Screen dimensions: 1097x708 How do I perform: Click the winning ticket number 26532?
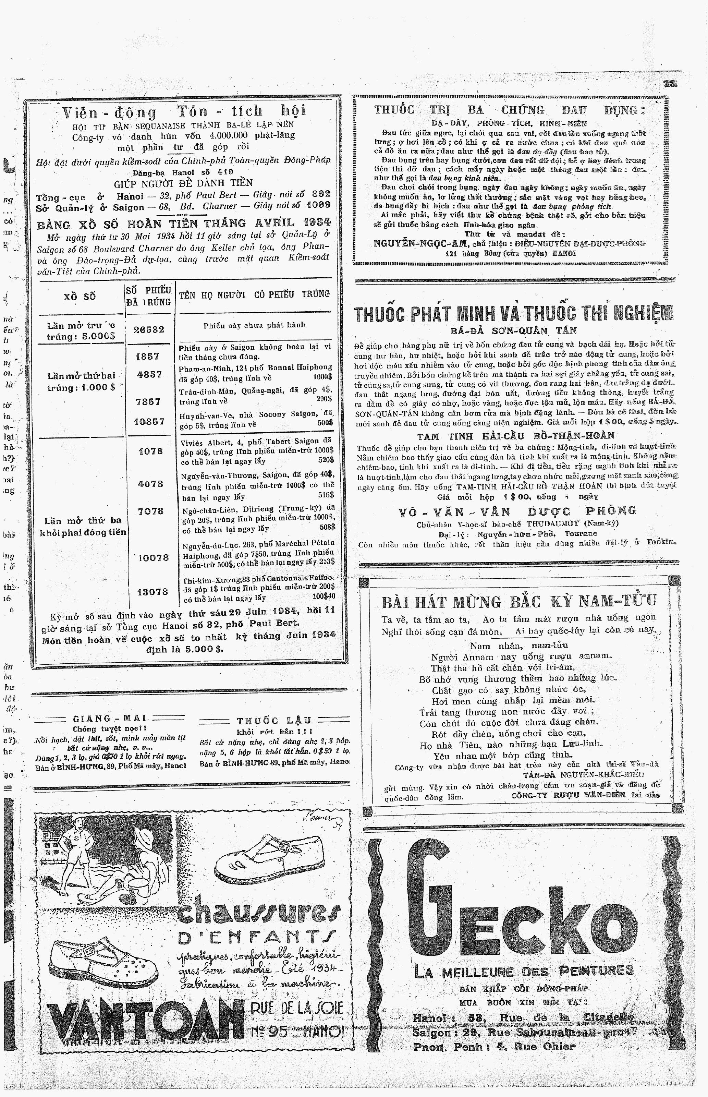pos(148,330)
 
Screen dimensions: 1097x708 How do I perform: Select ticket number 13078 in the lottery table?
pos(152,592)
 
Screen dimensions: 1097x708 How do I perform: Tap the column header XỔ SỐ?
pos(79,297)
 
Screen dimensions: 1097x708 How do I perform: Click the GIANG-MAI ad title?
pos(109,719)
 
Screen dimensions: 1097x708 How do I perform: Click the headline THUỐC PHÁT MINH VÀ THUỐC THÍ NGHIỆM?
pos(513,314)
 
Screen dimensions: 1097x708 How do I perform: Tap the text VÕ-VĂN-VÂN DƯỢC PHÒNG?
pos(517,511)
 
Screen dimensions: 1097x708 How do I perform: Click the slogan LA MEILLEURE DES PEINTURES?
pos(524,971)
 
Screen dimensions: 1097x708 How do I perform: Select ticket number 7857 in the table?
pos(148,401)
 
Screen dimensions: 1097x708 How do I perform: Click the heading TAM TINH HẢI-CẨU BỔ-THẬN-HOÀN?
pos(515,435)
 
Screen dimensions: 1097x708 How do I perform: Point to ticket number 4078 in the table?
pos(150,484)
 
